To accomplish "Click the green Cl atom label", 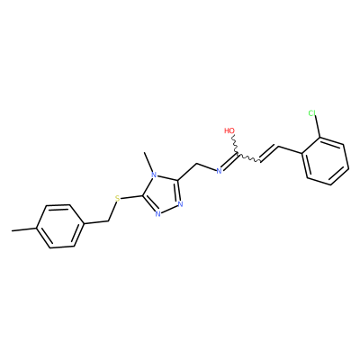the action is tap(312, 113).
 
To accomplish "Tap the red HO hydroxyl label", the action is tap(229, 130).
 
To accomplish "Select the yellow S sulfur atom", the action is tap(118, 198).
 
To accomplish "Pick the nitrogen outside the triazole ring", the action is tap(219, 171).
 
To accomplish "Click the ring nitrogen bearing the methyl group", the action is tap(154, 175).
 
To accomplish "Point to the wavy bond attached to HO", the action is tap(235, 145).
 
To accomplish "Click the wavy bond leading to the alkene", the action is tap(248, 158).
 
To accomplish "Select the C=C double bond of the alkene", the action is tap(270, 154).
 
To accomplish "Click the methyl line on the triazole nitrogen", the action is tap(149, 162).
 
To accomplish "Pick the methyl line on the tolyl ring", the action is tap(24, 229).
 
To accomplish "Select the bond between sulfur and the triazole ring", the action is tap(131, 197).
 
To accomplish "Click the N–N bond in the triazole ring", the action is tap(169, 209).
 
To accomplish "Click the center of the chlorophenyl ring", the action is tap(326, 161).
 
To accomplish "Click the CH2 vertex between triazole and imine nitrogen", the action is tap(196, 164).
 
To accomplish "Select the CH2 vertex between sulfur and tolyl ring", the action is tap(108, 221).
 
